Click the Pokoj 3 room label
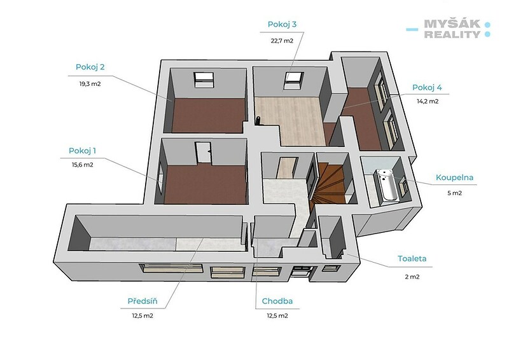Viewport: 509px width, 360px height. [282, 24]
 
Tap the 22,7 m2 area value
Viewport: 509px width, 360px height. [282, 41]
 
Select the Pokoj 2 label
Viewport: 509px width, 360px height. [90, 67]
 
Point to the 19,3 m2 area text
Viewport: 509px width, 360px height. [90, 84]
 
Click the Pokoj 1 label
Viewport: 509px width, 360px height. [82, 151]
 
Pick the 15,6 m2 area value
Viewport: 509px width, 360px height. [83, 165]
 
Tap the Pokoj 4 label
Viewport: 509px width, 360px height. [427, 87]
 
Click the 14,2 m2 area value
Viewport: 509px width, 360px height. [428, 101]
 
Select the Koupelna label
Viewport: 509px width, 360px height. [454, 177]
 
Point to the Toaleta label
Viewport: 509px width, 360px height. [412, 259]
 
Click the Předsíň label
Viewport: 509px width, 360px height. [142, 301]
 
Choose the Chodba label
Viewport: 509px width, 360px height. [277, 301]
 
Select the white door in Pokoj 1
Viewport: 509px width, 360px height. [203, 152]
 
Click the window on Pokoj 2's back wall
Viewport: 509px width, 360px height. [204, 80]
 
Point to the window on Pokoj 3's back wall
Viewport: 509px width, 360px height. [294, 80]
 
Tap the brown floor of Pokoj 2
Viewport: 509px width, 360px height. [209, 115]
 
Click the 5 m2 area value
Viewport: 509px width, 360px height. [454, 193]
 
